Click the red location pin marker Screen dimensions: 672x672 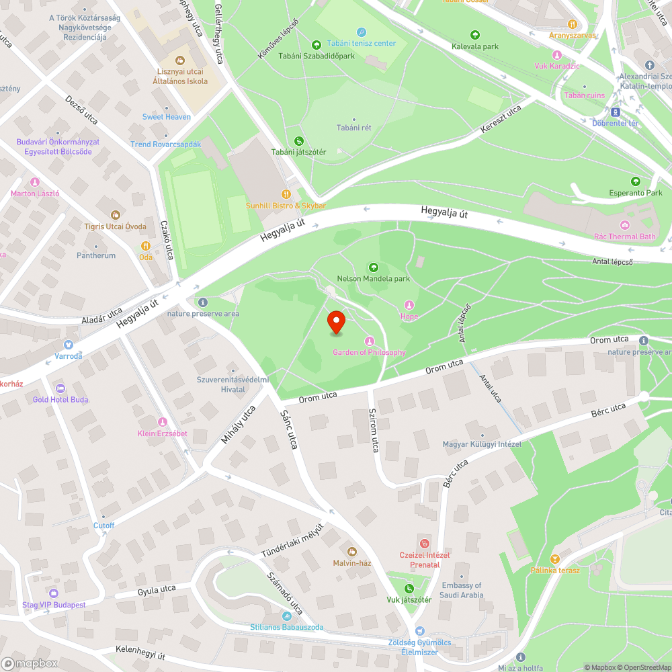pos(335,321)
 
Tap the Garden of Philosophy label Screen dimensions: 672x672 pos(370,352)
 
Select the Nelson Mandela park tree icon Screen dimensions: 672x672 pos(374,267)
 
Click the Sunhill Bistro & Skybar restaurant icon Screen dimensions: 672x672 pos(285,194)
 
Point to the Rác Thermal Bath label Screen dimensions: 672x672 pos(625,236)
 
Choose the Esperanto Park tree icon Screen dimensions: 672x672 pos(636,181)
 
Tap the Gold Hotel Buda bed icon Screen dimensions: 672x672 pos(60,388)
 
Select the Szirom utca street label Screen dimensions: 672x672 pos(374,430)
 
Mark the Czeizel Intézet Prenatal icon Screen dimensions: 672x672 pos(424,543)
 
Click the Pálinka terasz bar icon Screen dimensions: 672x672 pos(555,558)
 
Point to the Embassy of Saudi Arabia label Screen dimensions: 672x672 pos(462,590)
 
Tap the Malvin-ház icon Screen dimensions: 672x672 pos(352,552)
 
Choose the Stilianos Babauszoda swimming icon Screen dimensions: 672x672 pos(287,616)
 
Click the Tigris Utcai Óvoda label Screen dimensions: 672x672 pos(115,226)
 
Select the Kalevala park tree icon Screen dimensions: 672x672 pos(475,35)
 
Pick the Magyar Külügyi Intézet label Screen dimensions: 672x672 pos(482,444)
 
